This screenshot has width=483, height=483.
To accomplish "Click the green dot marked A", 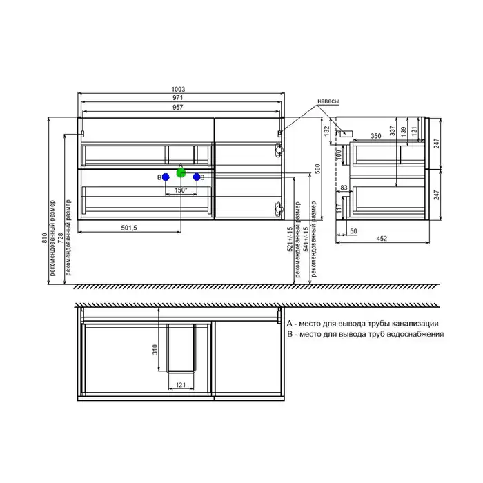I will [181, 172].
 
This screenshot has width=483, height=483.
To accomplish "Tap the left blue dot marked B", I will [166, 177].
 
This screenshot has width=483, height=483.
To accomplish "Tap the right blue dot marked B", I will [197, 177].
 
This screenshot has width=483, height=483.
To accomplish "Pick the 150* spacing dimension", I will [181, 190].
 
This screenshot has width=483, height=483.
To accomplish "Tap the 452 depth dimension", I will [381, 239].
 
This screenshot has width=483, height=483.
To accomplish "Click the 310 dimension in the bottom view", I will [157, 349].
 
